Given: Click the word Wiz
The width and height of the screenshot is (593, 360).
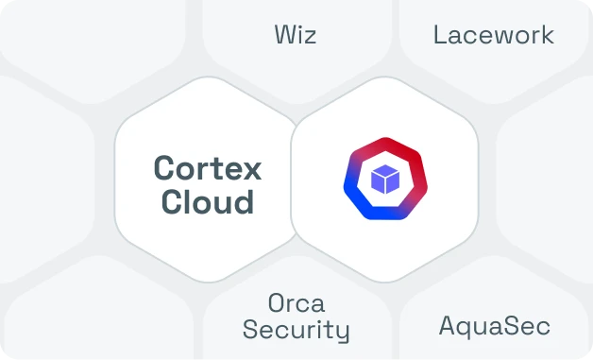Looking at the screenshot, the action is tap(296, 36).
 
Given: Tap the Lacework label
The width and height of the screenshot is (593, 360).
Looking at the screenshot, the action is tap(493, 36).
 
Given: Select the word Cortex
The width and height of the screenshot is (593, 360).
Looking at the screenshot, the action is tap(207, 168).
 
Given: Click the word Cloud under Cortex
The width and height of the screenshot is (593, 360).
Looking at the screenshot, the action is tap(207, 201).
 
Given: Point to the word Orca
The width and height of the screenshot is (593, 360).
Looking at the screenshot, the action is tap(296, 303).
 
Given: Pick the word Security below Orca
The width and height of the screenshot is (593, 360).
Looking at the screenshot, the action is tap(296, 331).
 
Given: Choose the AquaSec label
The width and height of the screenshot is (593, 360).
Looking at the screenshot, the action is tap(494, 327).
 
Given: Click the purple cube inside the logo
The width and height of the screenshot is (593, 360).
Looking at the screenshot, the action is tap(385, 179).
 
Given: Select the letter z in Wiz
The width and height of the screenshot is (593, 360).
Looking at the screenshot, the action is tap(311, 37).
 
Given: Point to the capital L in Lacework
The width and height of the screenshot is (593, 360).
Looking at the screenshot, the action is tap(439, 36).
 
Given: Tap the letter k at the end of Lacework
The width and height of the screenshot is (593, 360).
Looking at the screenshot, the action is tap(548, 36).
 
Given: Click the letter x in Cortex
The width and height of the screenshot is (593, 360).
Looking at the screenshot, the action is tap(252, 169).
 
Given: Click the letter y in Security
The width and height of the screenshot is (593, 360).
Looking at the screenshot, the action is tap(343, 334).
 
